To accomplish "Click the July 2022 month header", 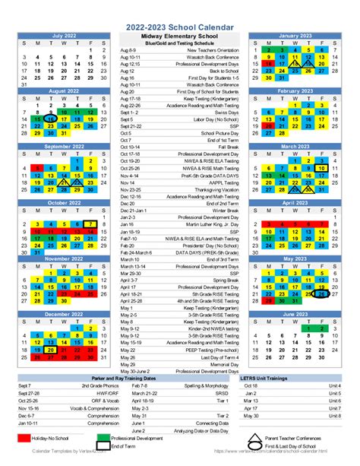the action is [64, 36].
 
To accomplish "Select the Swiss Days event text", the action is [224, 113].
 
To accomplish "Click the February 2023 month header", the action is [295, 90].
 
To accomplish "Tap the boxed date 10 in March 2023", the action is [322, 169].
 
